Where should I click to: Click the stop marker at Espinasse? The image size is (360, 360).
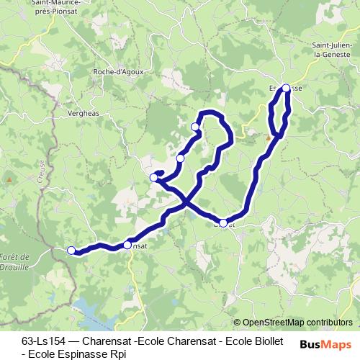286,88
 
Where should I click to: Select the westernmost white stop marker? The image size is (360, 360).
71,250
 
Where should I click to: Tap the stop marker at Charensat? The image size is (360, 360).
127,245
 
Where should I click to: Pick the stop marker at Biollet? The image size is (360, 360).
223,223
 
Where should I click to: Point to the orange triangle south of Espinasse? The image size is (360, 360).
268,137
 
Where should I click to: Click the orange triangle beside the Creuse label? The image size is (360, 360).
9,179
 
